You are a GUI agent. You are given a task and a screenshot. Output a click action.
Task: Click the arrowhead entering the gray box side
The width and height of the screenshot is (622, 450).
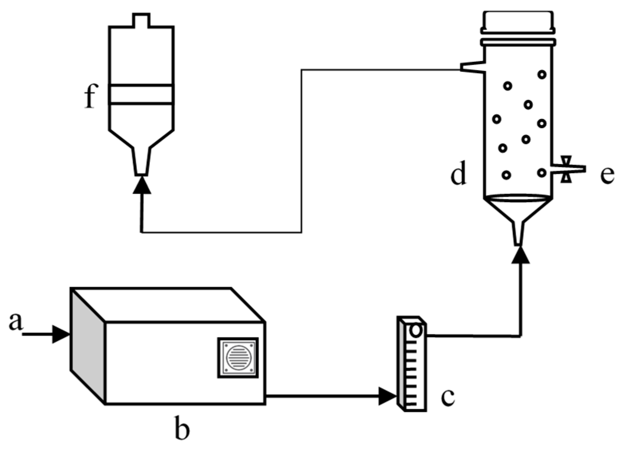coord(60,334)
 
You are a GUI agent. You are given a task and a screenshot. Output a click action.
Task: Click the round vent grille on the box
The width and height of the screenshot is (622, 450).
coord(238,358)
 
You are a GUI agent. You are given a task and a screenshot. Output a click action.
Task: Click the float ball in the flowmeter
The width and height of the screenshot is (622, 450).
coord(416,330)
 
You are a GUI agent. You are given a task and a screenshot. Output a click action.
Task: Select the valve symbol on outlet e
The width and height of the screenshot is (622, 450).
coord(566,169)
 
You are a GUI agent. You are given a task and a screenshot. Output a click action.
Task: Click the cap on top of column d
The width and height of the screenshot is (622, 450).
coord(518,22)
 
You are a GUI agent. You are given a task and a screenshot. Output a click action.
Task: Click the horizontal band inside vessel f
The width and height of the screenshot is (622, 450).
coord(141,94)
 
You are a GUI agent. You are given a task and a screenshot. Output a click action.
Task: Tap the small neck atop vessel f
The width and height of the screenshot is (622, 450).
coord(141,20)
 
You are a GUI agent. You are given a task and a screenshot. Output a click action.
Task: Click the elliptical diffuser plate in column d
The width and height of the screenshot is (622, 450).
coord(518,198)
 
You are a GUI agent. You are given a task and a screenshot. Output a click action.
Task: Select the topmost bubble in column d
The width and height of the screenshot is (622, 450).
coord(542,74)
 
